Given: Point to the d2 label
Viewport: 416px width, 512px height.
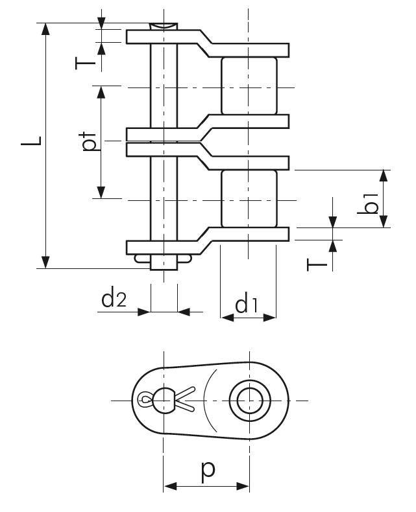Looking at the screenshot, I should (x=114, y=299).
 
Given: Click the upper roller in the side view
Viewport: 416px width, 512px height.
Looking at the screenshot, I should (x=249, y=86).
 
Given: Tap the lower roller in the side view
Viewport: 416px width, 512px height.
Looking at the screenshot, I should (x=249, y=198).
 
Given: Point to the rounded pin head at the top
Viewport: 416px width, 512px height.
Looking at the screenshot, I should (x=164, y=26).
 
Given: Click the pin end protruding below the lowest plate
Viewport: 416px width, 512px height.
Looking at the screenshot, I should (x=164, y=262).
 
